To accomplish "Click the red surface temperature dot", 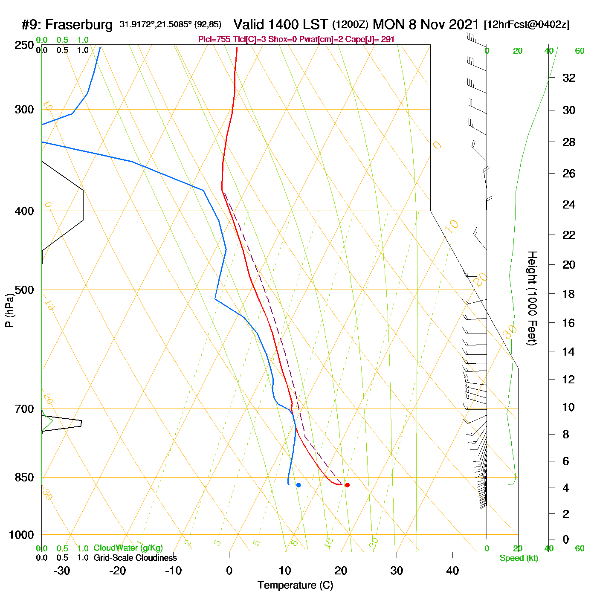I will point(347,485).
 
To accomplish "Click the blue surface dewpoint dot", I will point(298,485).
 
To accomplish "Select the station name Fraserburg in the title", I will point(79,25).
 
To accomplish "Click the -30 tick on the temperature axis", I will point(62,571).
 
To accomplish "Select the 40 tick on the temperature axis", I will point(452,571).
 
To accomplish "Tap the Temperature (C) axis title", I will point(295,585).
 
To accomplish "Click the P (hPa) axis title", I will point(9,310).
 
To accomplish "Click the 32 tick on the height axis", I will point(569,78).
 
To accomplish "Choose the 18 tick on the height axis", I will point(569,294).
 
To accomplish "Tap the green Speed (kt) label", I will point(519,558).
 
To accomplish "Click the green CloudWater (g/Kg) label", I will point(128,548).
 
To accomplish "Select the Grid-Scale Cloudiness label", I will point(135,558).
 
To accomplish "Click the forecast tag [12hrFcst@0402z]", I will point(526,25).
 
